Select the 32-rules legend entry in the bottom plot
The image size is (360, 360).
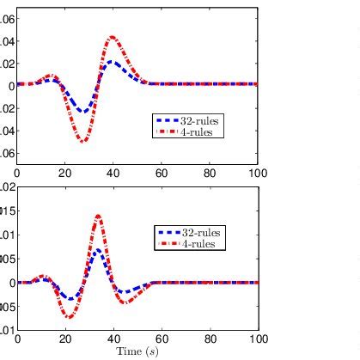point(202,233)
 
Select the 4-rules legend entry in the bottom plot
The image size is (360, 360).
point(202,244)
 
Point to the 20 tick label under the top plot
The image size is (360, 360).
point(64,172)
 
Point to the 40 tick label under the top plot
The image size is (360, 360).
point(113,172)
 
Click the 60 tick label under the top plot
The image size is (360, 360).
point(161,172)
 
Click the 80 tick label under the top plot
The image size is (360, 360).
point(209,172)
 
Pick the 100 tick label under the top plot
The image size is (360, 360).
point(256,172)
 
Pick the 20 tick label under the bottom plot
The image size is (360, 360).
point(64,339)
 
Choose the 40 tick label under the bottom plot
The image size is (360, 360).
point(113,339)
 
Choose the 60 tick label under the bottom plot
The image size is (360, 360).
point(161,339)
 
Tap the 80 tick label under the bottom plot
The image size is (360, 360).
point(209,339)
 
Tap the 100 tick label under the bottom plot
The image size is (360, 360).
point(256,339)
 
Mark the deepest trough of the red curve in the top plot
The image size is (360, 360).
point(83,140)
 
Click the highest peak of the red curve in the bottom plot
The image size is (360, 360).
point(98,216)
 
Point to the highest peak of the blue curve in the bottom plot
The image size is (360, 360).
point(98,250)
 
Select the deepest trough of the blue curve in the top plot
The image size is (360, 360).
point(83,112)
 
